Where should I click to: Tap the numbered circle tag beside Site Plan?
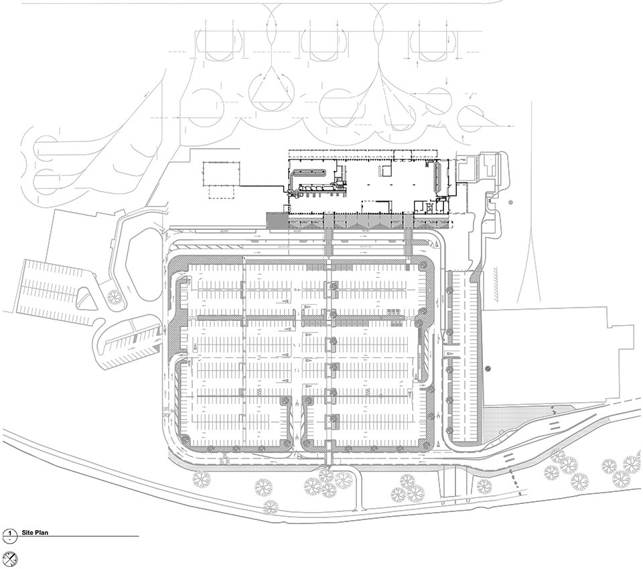(10, 535)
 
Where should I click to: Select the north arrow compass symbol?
(10, 558)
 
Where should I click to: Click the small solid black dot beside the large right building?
(488, 369)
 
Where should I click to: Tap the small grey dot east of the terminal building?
(510, 202)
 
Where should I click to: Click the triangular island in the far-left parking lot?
(86, 301)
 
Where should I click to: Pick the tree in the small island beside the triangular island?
(115, 296)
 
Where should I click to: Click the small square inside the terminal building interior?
(387, 172)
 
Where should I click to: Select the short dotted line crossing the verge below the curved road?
(516, 481)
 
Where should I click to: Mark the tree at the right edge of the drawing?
(632, 463)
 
